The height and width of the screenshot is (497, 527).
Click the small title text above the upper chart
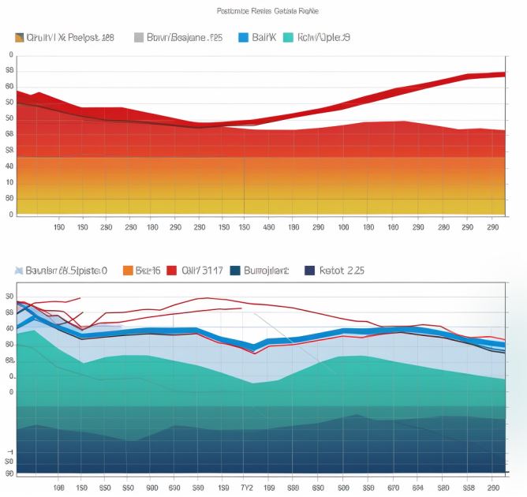point(267,12)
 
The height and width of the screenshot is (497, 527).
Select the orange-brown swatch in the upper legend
point(20,37)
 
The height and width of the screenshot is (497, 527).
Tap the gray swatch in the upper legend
point(139,37)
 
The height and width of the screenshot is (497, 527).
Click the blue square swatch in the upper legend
point(243,37)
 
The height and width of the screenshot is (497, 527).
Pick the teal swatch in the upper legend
point(287,37)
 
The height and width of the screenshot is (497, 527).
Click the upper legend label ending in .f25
point(185,37)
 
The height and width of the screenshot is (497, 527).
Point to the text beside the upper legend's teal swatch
point(324,37)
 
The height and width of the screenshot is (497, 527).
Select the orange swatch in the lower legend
point(128,271)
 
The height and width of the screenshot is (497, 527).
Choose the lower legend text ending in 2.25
point(342,271)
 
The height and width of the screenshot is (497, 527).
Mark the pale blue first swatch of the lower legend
point(18,271)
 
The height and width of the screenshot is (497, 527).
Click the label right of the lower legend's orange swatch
point(148,271)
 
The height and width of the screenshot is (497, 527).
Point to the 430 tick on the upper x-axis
point(268,227)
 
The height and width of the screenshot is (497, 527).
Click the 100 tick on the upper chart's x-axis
point(343,227)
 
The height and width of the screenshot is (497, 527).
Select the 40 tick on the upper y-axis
point(9,166)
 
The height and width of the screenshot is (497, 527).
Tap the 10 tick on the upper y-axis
point(9,182)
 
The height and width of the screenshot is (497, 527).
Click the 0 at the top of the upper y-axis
point(10,55)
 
